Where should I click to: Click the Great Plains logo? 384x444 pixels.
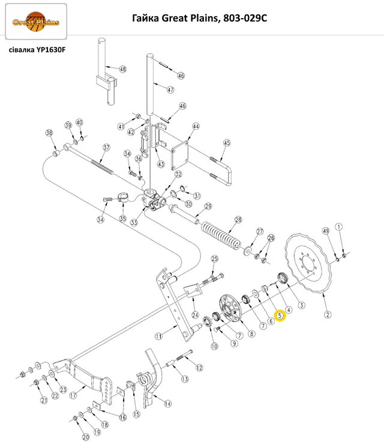(x=36, y=23)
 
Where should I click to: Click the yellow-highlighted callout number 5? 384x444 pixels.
(x=279, y=315)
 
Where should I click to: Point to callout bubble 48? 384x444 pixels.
(x=123, y=69)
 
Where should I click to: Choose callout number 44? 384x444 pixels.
(x=196, y=127)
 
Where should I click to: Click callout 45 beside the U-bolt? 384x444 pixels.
(x=227, y=143)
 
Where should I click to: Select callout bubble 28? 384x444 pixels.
(x=238, y=220)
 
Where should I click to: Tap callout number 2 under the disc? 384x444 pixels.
(x=328, y=314)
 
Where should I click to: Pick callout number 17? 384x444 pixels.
(x=73, y=395)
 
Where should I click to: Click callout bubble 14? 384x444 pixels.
(x=167, y=404)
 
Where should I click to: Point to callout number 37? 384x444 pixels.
(x=106, y=147)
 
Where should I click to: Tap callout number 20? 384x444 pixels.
(x=85, y=437)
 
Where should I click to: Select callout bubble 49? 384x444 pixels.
(x=326, y=231)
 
